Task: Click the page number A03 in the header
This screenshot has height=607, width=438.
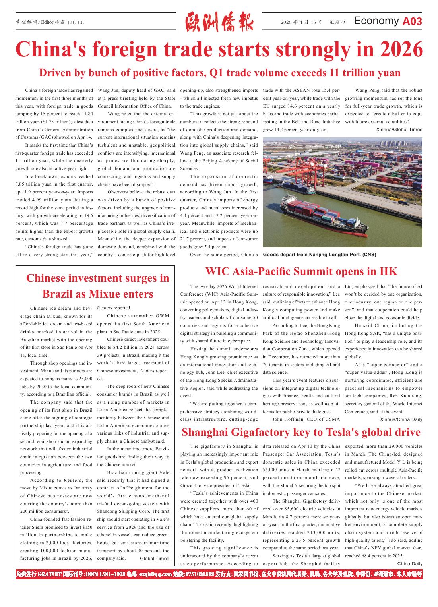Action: [x=412, y=21]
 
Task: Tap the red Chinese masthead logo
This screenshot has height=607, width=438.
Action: [x=219, y=22]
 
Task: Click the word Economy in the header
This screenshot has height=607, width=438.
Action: [x=376, y=21]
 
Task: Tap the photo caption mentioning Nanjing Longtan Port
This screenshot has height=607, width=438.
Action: [x=319, y=255]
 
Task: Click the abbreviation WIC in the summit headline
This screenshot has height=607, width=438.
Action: [x=217, y=271]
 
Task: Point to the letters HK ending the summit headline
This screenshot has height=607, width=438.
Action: [x=388, y=271]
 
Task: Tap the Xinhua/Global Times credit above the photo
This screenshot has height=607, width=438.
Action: [x=399, y=130]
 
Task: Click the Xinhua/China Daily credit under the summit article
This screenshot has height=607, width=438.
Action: [x=401, y=419]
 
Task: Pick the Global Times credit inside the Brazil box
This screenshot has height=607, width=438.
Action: [x=154, y=558]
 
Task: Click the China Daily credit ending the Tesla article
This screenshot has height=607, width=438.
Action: [x=410, y=564]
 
